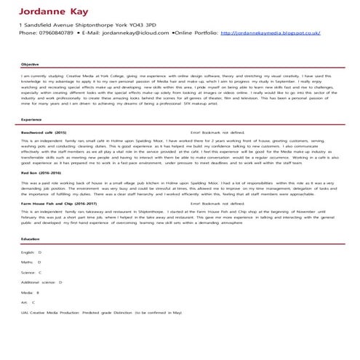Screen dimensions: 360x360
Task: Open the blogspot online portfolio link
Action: (x=270, y=33)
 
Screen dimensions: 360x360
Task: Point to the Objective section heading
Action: (x=30, y=64)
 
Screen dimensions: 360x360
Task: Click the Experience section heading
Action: (x=31, y=119)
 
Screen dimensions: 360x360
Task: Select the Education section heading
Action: (x=31, y=239)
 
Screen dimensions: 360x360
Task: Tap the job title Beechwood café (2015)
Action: (x=44, y=132)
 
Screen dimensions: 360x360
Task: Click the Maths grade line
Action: (x=31, y=260)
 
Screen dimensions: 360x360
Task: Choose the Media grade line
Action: (x=30, y=291)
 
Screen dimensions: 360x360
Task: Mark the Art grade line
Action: (x=28, y=301)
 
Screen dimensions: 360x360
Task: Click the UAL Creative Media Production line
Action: (x=102, y=311)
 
